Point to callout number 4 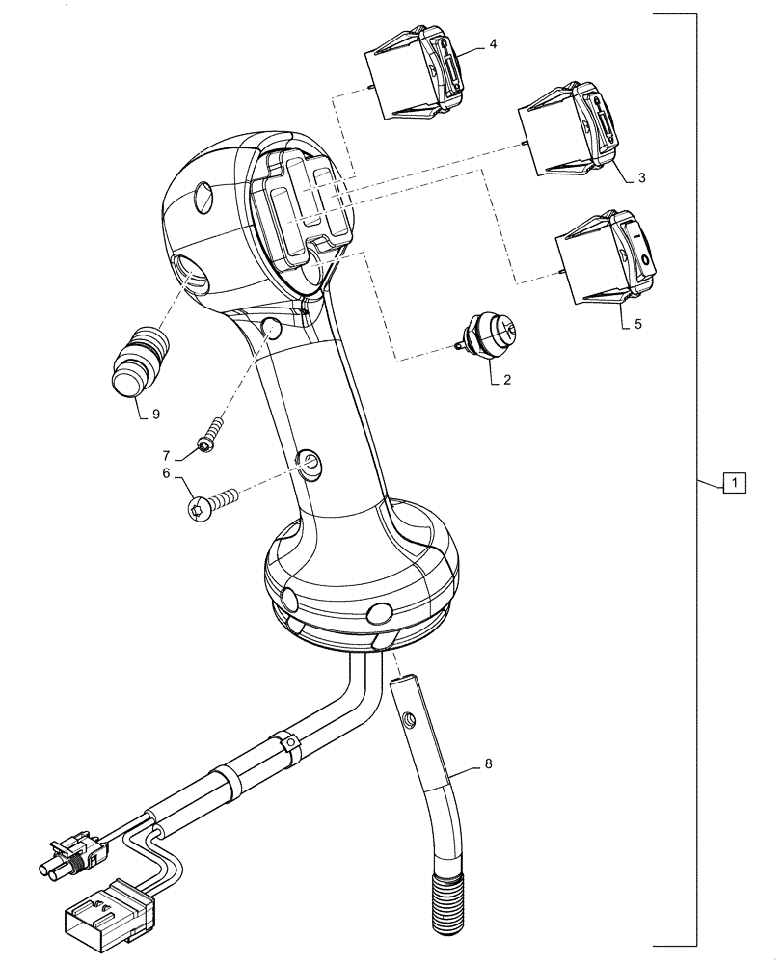(493, 44)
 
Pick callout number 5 (637, 325)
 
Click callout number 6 (166, 473)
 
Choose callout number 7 (166, 454)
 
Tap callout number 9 (156, 416)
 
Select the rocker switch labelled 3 (566, 135)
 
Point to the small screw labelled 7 (213, 432)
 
